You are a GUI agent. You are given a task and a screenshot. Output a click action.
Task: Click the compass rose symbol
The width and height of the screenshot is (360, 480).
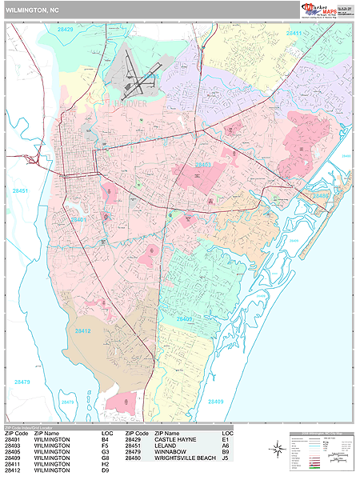coord(277,449)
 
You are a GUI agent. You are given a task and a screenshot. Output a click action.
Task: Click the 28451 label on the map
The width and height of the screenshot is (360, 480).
coord(20,190)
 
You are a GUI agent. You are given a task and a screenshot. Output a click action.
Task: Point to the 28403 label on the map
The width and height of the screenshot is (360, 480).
coord(203,164)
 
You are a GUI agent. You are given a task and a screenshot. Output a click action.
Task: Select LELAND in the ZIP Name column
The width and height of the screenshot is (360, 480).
coord(168,446)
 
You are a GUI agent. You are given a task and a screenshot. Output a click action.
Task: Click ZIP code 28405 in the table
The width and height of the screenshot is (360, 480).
coord(13,452)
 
